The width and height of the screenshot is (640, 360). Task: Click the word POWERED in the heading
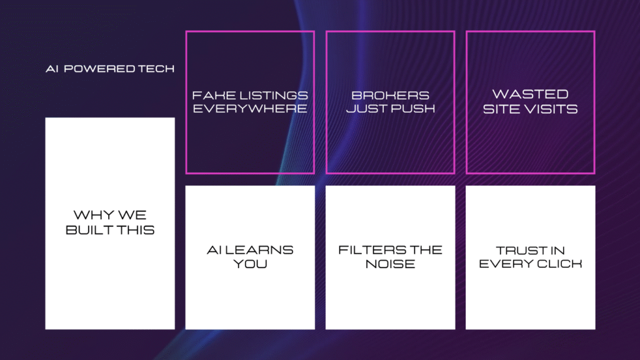tap(99, 69)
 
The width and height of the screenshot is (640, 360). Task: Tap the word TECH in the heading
tap(156, 69)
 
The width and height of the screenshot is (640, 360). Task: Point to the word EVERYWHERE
tap(250, 109)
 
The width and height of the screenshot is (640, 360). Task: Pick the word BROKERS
tap(390, 96)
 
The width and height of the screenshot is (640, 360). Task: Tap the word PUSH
tap(413, 109)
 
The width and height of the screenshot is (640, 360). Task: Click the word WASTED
tap(530, 94)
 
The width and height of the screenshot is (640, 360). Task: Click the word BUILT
tap(88, 230)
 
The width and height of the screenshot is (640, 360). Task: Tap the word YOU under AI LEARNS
tap(250, 264)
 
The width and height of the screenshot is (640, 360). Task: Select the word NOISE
tap(390, 264)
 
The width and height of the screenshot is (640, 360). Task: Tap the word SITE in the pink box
tap(501, 109)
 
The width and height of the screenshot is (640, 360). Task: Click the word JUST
tap(366, 109)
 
